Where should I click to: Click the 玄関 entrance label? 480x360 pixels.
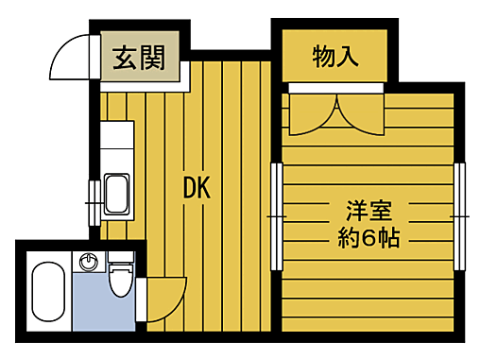(x=138, y=59)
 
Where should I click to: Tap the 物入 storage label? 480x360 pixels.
(x=335, y=57)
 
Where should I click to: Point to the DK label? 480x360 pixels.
(x=196, y=188)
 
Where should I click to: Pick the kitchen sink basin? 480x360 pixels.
(x=118, y=194)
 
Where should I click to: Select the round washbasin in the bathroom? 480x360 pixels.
(x=90, y=261)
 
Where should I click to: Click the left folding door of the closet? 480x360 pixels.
(x=310, y=113)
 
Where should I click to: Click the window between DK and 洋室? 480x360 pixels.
(x=276, y=215)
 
